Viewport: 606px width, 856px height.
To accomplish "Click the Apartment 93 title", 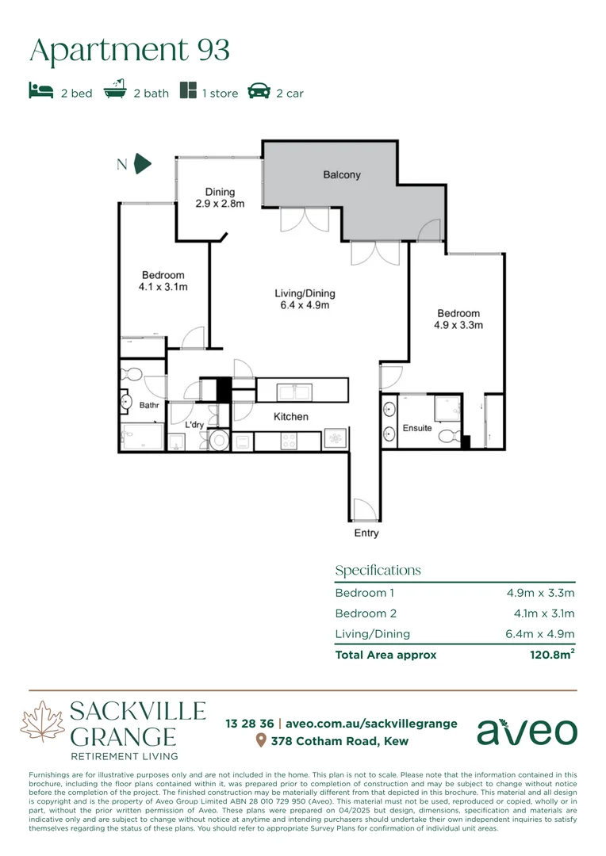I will [x=129, y=51].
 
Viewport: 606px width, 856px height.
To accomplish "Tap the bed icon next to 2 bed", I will [x=40, y=92].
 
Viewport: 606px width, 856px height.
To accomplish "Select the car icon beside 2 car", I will [x=259, y=91].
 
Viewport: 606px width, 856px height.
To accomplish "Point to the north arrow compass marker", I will [x=142, y=164].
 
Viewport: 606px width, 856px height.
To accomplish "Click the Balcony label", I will [x=342, y=174].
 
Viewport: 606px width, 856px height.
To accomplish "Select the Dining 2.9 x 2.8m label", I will [x=220, y=197].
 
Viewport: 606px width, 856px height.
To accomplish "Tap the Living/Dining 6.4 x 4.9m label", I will [x=301, y=299].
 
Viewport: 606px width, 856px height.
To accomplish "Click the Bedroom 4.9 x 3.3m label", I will [x=458, y=319].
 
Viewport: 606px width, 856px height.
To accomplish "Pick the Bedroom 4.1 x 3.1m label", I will [x=163, y=281].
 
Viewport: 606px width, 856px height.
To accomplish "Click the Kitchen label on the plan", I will [x=291, y=416].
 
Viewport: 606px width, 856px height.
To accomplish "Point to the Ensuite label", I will [x=417, y=428].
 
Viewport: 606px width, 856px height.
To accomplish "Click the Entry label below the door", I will [x=366, y=533].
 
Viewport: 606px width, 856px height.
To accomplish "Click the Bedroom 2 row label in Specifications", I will [x=365, y=613].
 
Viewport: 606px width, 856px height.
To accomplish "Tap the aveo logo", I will [x=527, y=732].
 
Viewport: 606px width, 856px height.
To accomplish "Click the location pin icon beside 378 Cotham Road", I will [x=260, y=741].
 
